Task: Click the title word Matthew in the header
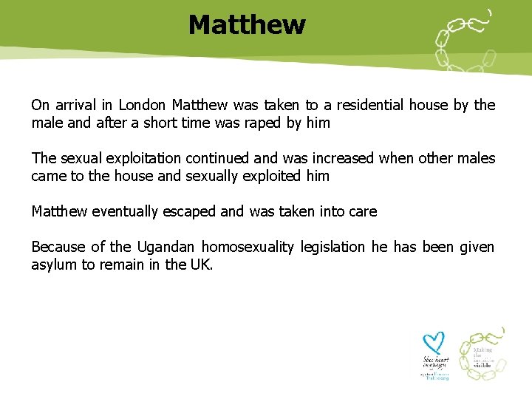click(246, 25)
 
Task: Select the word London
click(143, 105)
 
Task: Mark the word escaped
click(191, 212)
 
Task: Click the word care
click(362, 212)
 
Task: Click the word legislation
click(334, 248)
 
